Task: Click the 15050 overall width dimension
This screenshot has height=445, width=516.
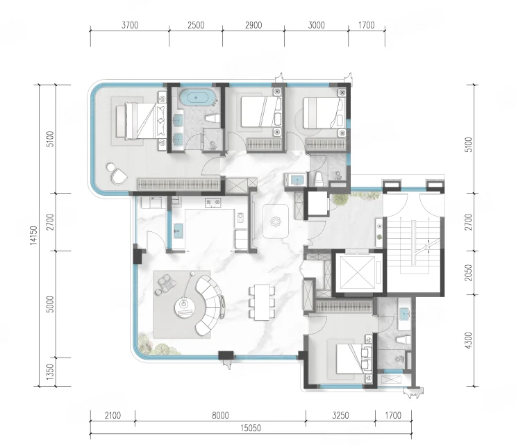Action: [251, 428]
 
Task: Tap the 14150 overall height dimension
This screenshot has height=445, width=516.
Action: [33, 235]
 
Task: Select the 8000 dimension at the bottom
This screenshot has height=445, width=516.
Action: [220, 415]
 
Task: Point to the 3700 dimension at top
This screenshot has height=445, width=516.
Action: [130, 25]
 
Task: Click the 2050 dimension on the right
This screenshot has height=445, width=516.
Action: [469, 273]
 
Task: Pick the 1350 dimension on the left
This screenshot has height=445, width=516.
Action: [50, 371]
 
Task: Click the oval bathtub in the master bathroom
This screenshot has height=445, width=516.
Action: [197, 97]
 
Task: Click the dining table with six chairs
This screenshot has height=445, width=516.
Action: [262, 302]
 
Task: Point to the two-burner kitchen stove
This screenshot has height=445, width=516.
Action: [213, 202]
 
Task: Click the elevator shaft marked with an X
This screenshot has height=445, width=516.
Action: [358, 272]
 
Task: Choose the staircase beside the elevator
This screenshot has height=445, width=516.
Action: [415, 245]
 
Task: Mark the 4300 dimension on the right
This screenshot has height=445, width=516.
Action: [469, 340]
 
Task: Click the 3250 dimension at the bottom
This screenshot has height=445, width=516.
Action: [340, 415]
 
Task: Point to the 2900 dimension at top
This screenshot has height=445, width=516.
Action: [253, 25]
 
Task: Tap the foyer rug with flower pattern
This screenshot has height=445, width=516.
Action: [276, 221]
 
